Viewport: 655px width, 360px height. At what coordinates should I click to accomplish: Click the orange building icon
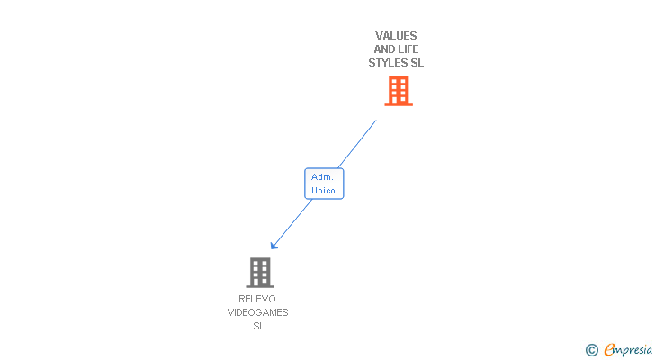398,91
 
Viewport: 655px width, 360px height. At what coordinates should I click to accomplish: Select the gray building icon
259,272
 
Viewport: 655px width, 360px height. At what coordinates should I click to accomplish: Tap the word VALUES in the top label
396,36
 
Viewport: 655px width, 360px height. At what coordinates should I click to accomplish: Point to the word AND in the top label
385,49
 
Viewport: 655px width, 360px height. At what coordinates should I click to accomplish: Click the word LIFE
408,49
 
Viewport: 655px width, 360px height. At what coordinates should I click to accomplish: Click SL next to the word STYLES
417,63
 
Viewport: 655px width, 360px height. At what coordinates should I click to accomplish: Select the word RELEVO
257,299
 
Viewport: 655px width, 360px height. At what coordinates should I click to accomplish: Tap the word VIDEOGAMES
257,312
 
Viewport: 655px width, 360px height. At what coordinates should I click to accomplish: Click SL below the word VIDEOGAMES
258,326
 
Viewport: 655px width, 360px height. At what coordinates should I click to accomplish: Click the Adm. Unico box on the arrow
324,184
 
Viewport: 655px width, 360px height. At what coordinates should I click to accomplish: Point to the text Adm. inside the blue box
323,177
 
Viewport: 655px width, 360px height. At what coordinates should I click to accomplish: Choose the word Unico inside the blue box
323,191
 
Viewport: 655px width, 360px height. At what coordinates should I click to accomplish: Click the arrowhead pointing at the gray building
274,246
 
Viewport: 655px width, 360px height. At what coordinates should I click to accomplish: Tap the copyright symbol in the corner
591,350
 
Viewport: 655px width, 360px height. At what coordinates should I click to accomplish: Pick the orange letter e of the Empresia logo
609,350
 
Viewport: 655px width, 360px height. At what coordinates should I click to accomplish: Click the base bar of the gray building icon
259,285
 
